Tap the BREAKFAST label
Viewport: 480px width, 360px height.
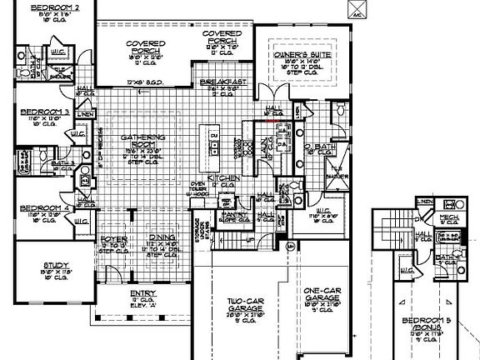220,82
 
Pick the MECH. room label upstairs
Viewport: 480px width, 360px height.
452,214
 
